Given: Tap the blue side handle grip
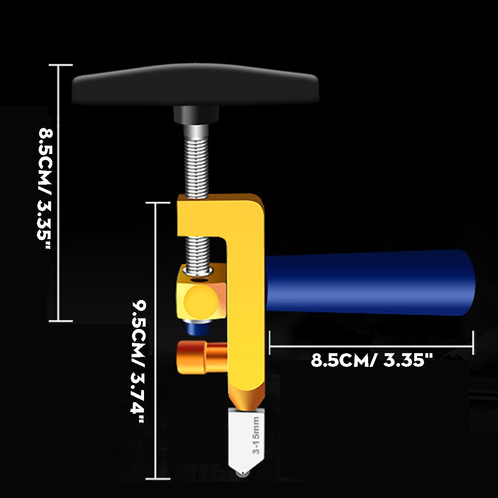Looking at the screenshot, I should coord(369,282).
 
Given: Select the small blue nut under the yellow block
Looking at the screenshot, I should coord(198,329).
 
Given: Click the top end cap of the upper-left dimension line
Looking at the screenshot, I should coord(61,65).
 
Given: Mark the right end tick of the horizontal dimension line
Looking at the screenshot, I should coord(473,343).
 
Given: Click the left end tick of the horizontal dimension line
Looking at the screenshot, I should coord(270,343).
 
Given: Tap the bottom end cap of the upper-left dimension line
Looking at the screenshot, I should coord(61,321).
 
